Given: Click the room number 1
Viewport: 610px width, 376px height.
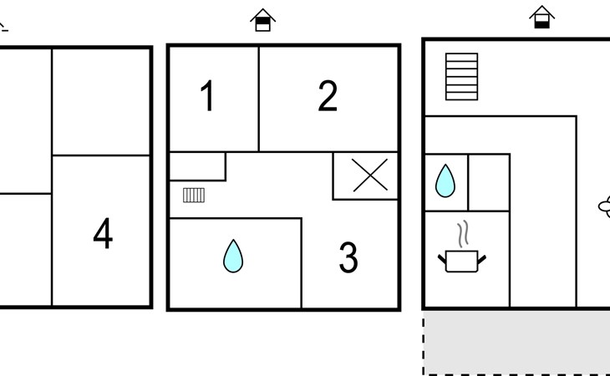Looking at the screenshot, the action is tap(207, 95).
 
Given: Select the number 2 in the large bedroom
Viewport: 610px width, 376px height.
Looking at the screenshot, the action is tap(328, 95).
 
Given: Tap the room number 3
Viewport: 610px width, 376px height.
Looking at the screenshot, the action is tap(348, 257).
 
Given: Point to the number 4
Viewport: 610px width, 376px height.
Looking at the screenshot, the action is tap(103, 233).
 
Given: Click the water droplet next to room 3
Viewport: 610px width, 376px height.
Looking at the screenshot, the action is tap(233, 256).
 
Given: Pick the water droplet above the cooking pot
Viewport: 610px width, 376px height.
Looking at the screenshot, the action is tap(445, 180).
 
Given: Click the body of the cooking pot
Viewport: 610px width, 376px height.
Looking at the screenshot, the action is tap(462, 262).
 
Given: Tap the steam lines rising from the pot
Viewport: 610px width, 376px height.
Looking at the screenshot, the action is tap(463, 234).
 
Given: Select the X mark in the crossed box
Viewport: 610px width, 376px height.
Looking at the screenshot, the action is tap(370, 175).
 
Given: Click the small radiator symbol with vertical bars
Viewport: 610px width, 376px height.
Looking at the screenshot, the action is tap(194, 196).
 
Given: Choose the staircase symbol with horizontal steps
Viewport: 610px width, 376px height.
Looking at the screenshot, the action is tap(461, 77).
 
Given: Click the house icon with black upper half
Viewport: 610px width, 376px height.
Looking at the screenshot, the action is tap(263, 20).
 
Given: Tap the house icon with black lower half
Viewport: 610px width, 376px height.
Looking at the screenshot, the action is tap(542, 17).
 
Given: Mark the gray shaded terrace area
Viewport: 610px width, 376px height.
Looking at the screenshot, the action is tap(516, 343).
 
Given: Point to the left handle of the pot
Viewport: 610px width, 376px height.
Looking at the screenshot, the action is tap(442, 259).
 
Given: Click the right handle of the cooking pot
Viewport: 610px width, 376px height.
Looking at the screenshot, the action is tap(481, 259).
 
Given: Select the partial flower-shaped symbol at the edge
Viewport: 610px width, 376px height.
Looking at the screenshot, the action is tap(604, 206).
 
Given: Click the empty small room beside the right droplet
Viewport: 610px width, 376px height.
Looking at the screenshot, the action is tap(489, 183).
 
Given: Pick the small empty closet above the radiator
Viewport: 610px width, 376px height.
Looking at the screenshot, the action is tap(198, 166).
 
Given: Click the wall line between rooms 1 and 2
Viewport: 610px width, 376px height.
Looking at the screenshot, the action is tap(259, 99).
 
